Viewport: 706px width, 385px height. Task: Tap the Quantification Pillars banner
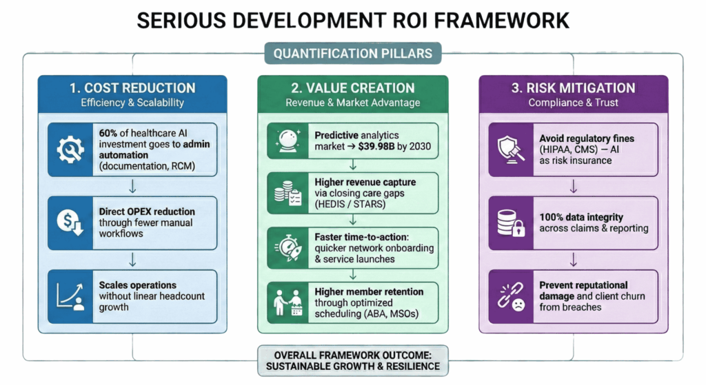[353, 54]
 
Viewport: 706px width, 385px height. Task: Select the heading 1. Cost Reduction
[132, 88]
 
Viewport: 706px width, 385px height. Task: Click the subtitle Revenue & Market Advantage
[352, 103]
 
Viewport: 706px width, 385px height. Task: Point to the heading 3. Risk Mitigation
[573, 88]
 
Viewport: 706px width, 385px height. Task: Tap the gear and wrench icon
[70, 148]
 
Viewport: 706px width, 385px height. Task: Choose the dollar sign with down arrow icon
[70, 222]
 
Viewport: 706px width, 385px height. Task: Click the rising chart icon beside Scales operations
[70, 296]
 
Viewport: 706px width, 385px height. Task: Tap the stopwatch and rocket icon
[286, 246]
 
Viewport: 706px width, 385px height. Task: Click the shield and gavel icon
[511, 148]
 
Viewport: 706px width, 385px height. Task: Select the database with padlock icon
[511, 222]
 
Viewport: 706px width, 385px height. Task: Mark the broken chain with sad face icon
[511, 296]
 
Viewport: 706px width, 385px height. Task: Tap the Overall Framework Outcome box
[352, 360]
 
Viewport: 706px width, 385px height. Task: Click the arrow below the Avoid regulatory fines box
[573, 186]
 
